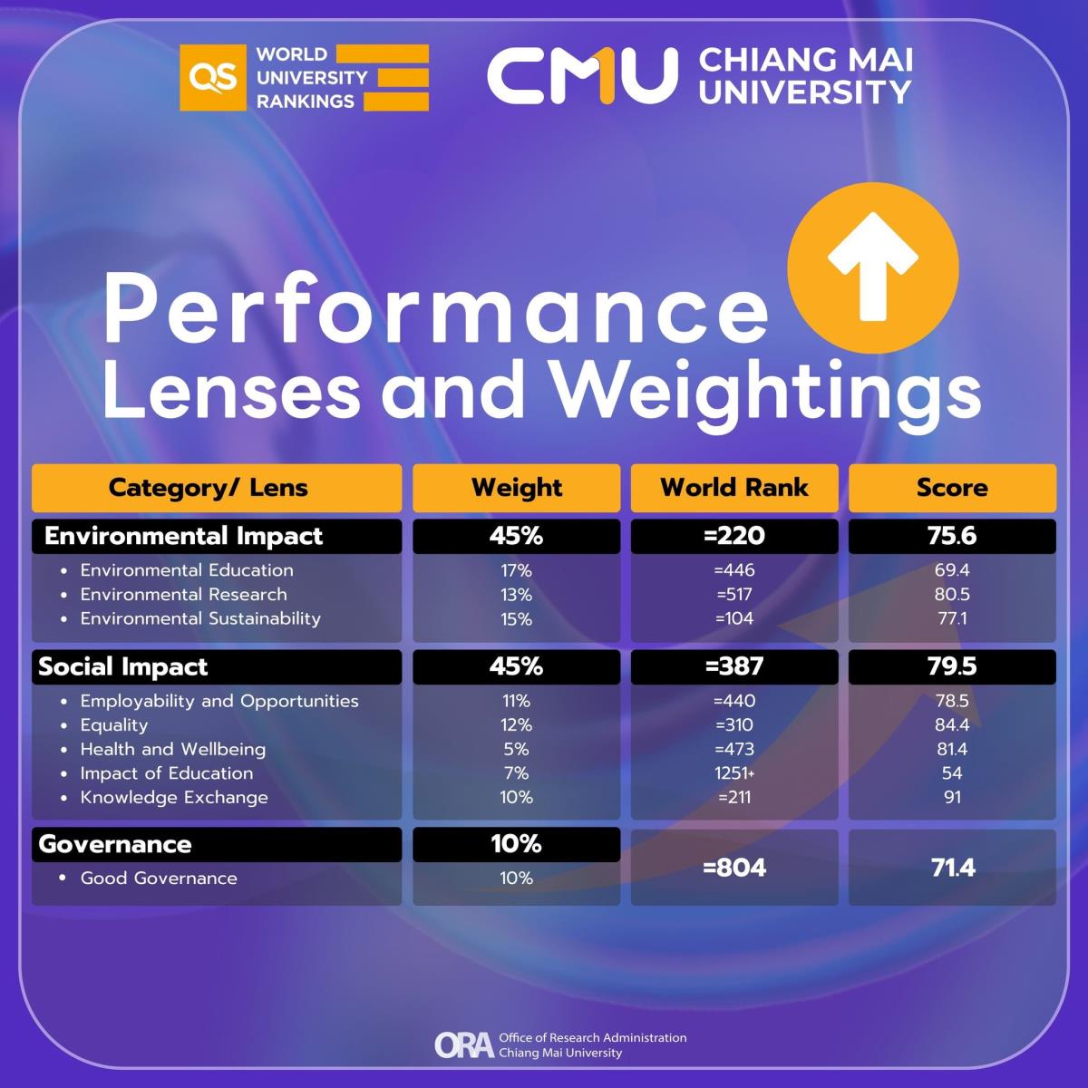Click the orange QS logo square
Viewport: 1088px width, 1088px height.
tap(212, 78)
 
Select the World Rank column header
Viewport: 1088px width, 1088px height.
tap(734, 488)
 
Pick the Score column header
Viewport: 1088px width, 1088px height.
tap(952, 488)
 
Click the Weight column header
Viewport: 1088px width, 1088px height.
tap(517, 488)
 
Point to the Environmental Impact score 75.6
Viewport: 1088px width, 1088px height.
tap(952, 536)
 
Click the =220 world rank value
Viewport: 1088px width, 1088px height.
tap(734, 536)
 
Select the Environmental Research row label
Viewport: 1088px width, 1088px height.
tap(183, 595)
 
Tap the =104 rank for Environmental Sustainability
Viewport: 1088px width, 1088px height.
tap(734, 619)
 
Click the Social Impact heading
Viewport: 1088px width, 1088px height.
tap(123, 667)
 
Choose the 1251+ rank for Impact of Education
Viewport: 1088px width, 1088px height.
tap(734, 773)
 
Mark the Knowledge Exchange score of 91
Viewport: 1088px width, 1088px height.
tap(952, 798)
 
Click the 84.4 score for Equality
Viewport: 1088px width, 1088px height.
tap(952, 725)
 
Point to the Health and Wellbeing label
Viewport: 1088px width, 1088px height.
tap(172, 750)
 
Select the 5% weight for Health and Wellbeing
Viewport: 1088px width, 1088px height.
tap(517, 750)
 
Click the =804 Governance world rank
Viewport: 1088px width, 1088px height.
tap(734, 868)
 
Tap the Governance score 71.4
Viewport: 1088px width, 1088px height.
tap(952, 868)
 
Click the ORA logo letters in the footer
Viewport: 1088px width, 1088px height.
tap(464, 1044)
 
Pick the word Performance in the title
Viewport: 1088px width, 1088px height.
tap(435, 311)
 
